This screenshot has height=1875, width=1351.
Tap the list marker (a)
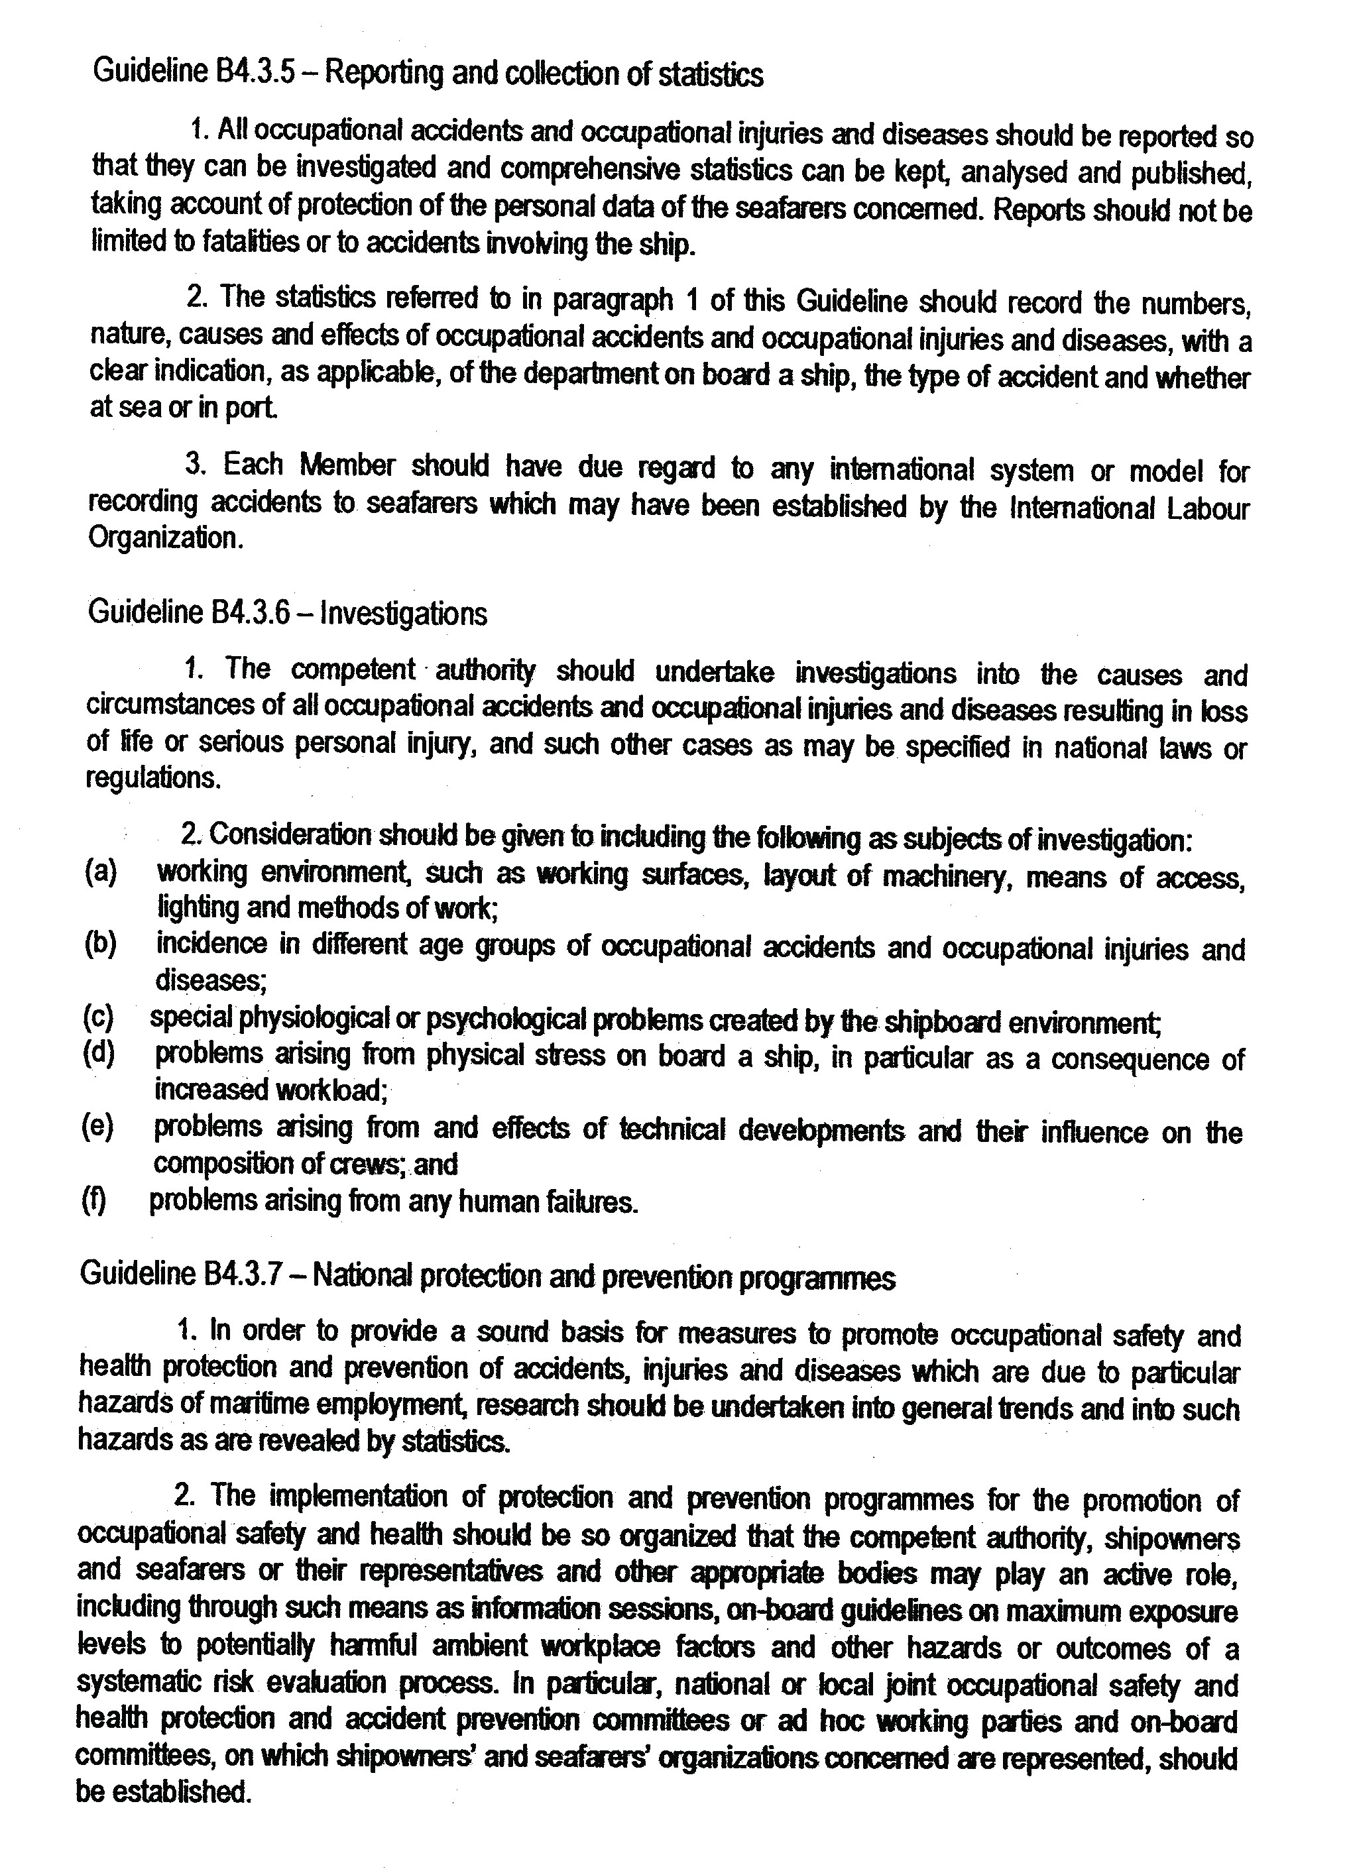click(x=101, y=872)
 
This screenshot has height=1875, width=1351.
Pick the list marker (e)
click(x=98, y=1126)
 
